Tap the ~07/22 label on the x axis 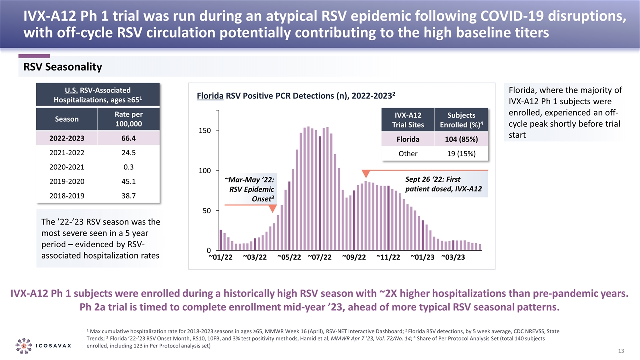320,257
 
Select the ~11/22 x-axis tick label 388,257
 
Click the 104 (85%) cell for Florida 461,139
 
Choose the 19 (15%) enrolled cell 461,154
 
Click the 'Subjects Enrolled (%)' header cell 461,120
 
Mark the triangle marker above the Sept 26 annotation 366,174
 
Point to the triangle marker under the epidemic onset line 273,209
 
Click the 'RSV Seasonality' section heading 60,67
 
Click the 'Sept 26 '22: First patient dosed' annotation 433,184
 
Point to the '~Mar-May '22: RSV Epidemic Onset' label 249,189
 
